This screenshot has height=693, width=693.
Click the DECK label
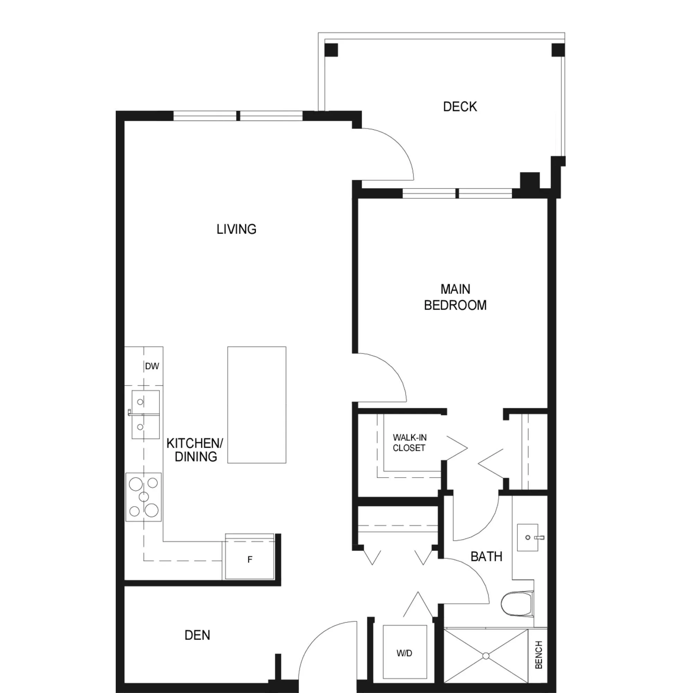tap(460, 106)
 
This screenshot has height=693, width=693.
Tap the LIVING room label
tap(236, 229)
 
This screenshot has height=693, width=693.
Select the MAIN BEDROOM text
tap(455, 297)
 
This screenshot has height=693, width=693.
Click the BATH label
tap(486, 556)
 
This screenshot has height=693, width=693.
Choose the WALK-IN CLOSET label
tap(409, 442)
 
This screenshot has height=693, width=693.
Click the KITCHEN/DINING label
tap(195, 450)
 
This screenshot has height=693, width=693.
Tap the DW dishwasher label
tap(152, 366)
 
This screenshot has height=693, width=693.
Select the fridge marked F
tap(249, 560)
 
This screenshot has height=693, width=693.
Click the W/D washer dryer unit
tap(405, 653)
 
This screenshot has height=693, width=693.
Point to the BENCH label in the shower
tap(538, 655)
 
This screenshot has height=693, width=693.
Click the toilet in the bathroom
tap(517, 604)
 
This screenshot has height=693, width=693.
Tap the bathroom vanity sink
tap(528, 537)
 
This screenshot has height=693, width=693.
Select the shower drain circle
tap(486, 656)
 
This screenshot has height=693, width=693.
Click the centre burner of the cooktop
tap(144, 497)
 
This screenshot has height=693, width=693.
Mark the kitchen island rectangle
tap(257, 405)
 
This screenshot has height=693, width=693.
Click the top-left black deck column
tap(331, 50)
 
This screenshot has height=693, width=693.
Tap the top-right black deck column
tap(558, 50)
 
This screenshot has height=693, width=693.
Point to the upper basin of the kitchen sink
tap(145, 402)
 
